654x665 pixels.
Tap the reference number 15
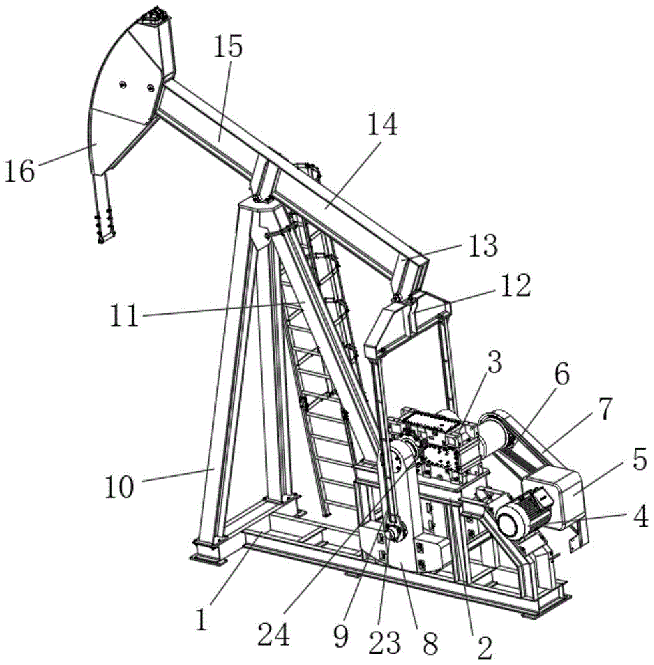click(228, 47)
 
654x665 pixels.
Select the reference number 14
click(383, 124)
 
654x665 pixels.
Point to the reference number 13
click(484, 246)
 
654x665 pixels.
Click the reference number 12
click(516, 285)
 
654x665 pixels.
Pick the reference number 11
click(124, 315)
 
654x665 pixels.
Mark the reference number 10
click(119, 487)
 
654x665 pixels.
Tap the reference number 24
click(274, 635)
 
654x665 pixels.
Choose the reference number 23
click(385, 642)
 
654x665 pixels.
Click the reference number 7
click(605, 409)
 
